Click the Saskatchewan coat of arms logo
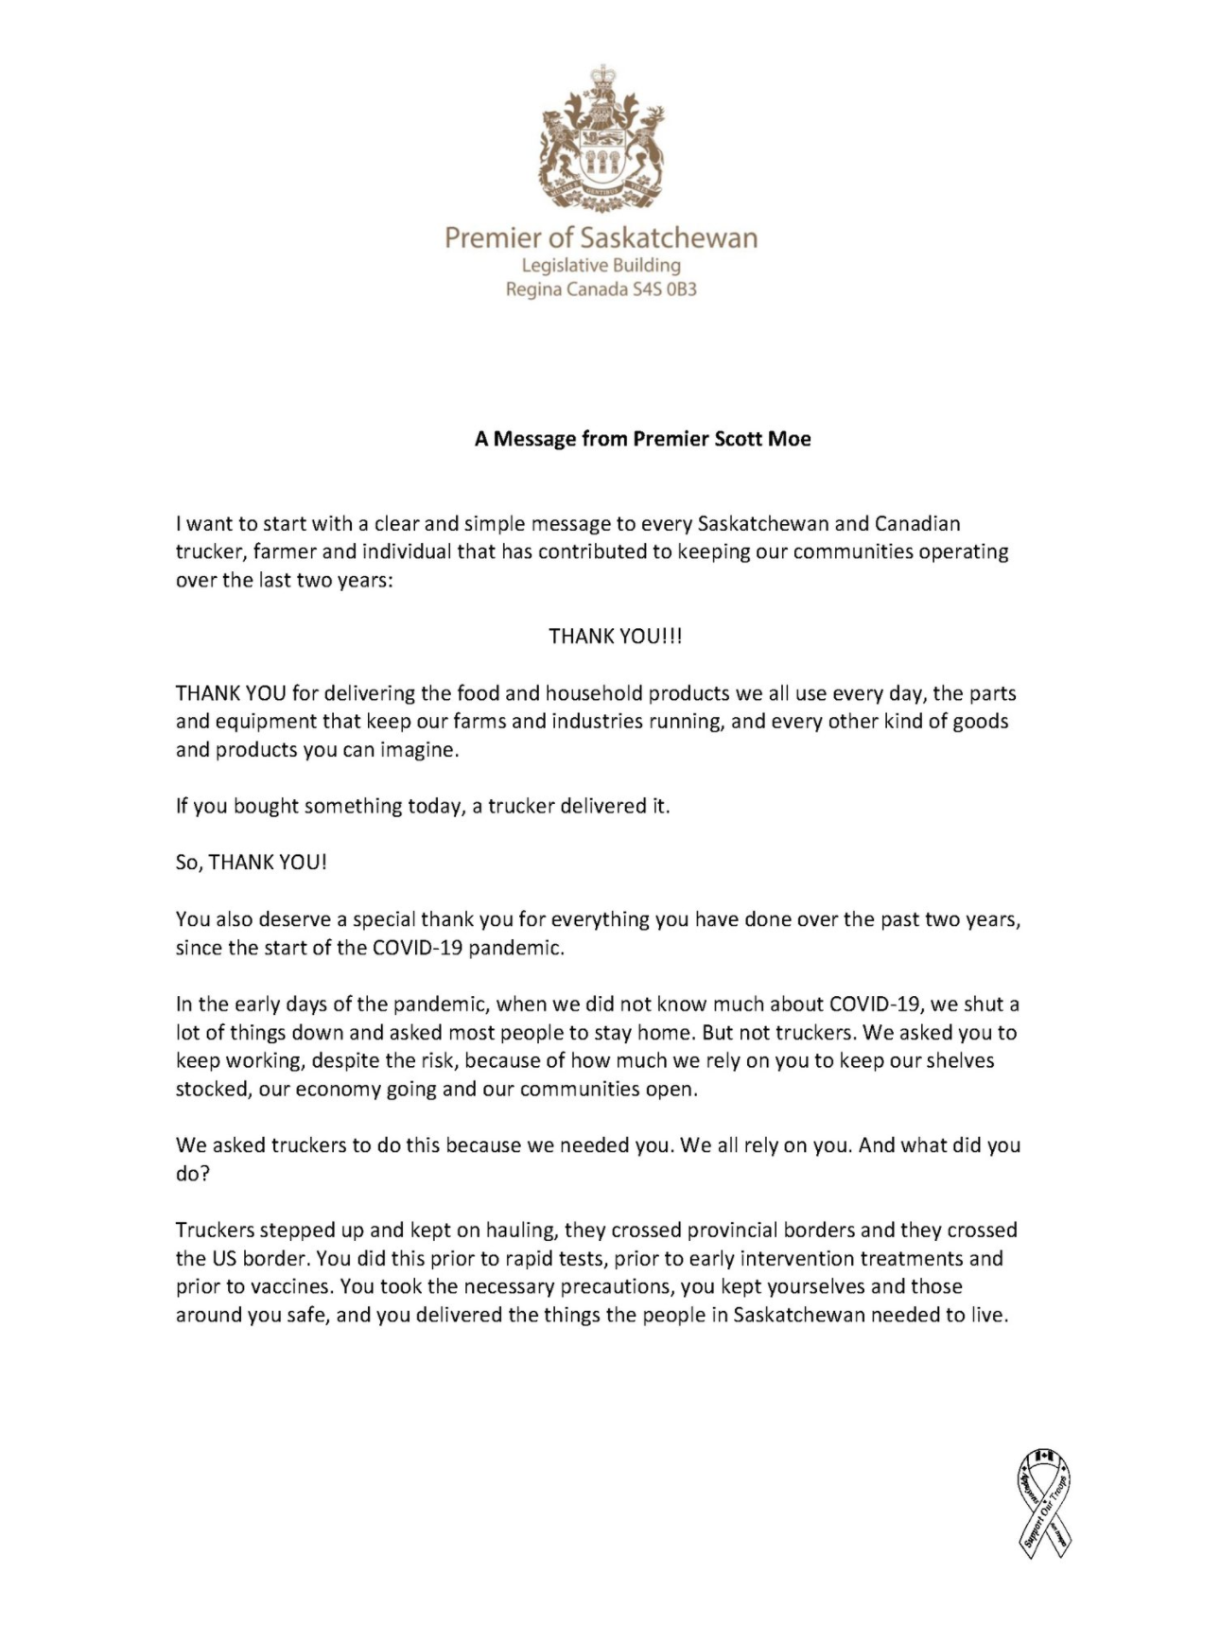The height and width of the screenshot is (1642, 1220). [x=601, y=139]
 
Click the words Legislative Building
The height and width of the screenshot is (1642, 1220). [x=601, y=265]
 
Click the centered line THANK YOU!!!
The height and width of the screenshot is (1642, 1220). [x=616, y=637]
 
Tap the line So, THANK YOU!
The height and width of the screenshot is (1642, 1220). [x=251, y=863]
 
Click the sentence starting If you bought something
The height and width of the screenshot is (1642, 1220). [x=422, y=807]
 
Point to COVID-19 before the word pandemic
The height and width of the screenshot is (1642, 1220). [x=417, y=948]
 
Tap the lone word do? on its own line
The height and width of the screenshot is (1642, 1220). [x=193, y=1174]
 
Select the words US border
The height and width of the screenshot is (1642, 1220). [x=241, y=1259]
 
